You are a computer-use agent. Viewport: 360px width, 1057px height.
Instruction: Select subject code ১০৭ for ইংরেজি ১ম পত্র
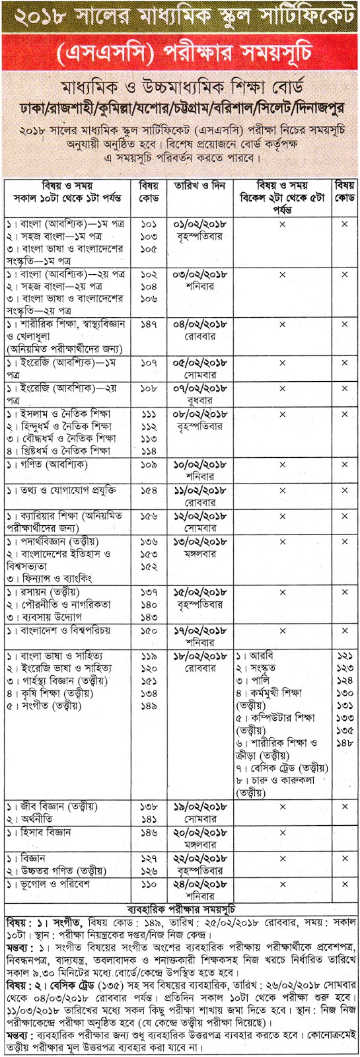click(149, 363)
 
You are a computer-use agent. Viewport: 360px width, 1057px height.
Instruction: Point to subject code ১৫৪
click(149, 491)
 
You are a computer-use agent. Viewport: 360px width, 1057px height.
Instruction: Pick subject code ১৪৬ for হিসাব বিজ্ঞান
click(149, 832)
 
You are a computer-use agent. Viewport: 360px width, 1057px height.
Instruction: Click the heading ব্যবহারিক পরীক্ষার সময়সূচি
click(180, 906)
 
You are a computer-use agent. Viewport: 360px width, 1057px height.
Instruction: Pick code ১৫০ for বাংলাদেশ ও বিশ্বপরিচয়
click(149, 630)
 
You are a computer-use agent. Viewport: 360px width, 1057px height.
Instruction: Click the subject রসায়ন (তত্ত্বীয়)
click(47, 591)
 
